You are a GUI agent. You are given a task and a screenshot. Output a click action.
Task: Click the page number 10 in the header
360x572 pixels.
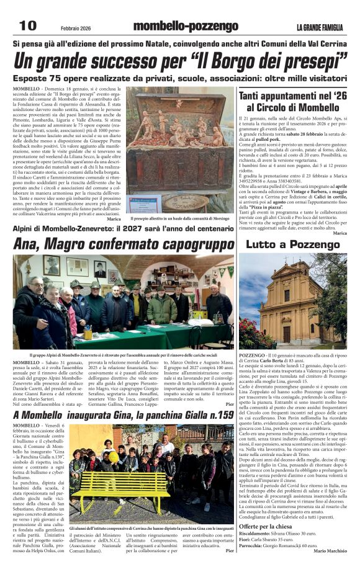(29, 25)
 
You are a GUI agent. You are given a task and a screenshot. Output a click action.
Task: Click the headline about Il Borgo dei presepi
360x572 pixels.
(180, 62)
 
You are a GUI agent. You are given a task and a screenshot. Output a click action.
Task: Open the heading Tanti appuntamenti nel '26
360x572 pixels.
(292, 97)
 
